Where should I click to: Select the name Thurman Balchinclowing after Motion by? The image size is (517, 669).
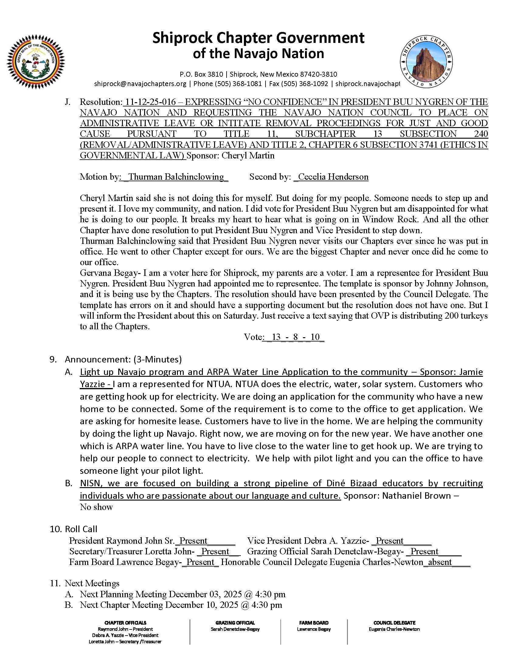coord(176,177)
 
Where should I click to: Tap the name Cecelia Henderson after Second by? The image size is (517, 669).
coord(333,177)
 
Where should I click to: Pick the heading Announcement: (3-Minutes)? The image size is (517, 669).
coord(123,359)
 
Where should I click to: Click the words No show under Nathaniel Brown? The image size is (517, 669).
coord(96,507)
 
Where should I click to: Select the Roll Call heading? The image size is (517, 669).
coord(81,529)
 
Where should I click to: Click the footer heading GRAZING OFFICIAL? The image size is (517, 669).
coord(235,623)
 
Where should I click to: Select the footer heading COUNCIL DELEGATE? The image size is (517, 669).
coord(394,623)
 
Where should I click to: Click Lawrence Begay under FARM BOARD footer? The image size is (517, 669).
coord(314,629)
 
